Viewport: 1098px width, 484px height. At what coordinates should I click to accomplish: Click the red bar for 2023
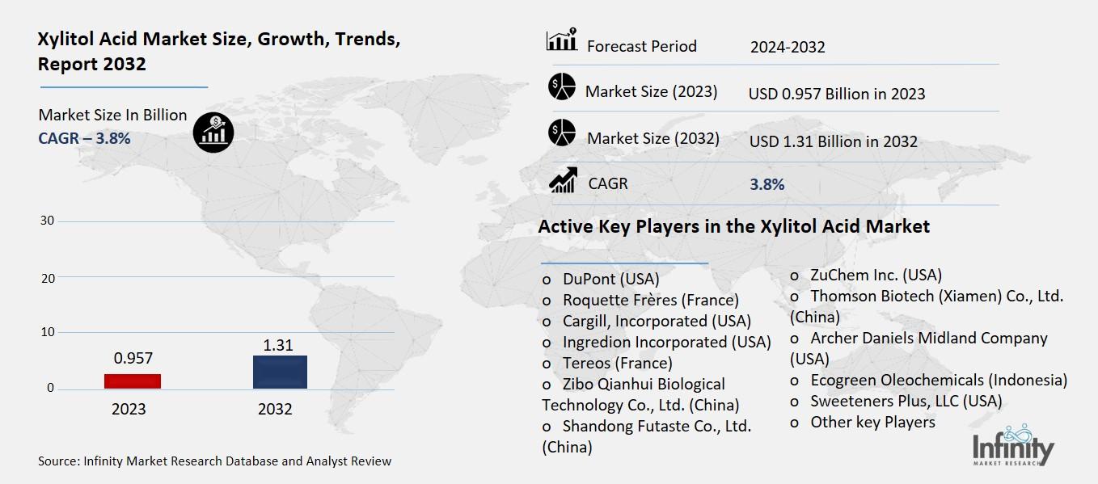click(x=133, y=381)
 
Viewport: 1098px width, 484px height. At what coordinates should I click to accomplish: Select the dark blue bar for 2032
click(x=280, y=372)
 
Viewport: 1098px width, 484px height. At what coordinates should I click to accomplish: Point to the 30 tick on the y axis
click(x=48, y=221)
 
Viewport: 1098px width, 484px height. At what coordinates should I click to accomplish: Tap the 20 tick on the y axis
click(x=48, y=277)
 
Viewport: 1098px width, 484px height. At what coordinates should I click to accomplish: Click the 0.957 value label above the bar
click(x=133, y=358)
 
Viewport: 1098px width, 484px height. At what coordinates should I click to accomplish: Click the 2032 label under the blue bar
click(x=275, y=409)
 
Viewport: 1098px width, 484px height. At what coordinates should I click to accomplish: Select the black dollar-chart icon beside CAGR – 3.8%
click(x=213, y=131)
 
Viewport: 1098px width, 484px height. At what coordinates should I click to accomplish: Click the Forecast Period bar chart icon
click(x=561, y=40)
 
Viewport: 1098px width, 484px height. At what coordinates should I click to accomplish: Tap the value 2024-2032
click(x=787, y=47)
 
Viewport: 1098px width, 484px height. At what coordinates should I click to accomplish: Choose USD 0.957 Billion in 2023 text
click(x=836, y=94)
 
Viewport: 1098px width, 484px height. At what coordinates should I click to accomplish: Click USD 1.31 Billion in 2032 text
click(x=833, y=142)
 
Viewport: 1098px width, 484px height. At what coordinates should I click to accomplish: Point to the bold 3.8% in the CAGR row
click(x=766, y=184)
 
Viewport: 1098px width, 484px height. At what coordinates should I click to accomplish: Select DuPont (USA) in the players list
click(x=610, y=279)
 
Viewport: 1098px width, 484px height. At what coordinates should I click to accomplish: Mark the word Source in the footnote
click(x=57, y=461)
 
